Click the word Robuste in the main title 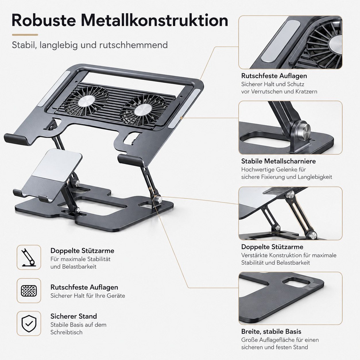[x=44, y=20]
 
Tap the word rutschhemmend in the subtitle [x=133, y=45]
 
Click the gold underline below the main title [x=25, y=35]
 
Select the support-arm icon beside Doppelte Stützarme [x=29, y=257]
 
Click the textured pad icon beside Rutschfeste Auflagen [x=29, y=291]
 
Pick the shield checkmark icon [x=29, y=323]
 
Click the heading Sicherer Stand [x=73, y=316]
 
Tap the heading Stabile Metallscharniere [x=278, y=161]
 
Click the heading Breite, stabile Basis [x=271, y=331]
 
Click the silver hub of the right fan [x=143, y=110]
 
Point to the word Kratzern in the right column [x=306, y=92]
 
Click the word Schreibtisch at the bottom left [x=66, y=332]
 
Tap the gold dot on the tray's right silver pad [x=181, y=118]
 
